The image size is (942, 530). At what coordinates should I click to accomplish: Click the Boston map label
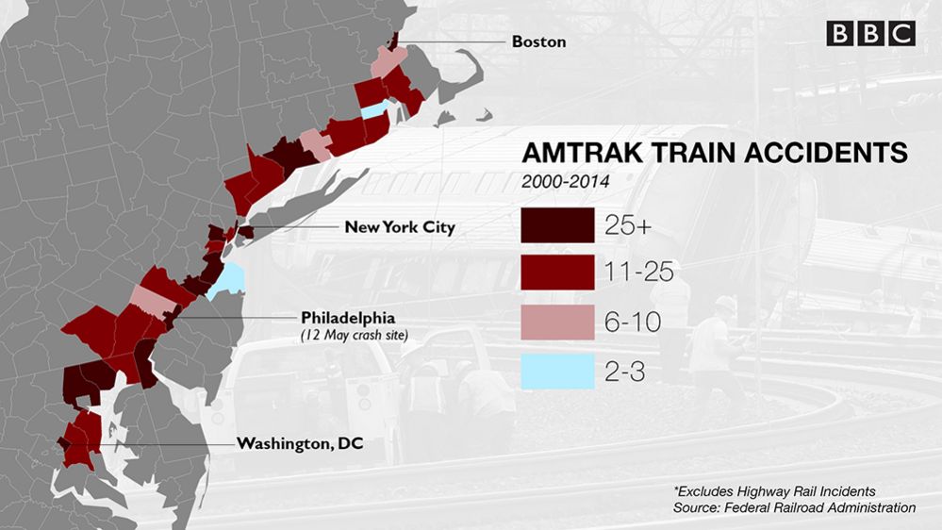pos(538,41)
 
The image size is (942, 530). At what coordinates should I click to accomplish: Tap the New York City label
pos(399,227)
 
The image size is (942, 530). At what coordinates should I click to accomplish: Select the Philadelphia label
pos(347,317)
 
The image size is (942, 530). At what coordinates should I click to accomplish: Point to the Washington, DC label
pos(300,443)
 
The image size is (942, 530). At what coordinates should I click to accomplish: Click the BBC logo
pos(870,34)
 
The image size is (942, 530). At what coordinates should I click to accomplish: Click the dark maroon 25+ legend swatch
pos(556,224)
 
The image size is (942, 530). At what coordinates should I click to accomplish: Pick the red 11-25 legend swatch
pos(556,273)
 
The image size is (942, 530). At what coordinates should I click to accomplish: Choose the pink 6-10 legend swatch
pos(556,322)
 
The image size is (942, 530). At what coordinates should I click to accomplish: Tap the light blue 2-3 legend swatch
pos(556,371)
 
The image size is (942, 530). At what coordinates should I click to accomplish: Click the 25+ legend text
pos(627,224)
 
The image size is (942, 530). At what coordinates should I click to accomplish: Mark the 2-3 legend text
pos(624,371)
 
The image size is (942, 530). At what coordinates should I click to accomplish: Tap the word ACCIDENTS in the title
pos(817,153)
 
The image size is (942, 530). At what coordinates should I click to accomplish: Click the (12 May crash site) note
pos(347,335)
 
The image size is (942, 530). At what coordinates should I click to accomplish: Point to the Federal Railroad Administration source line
pos(794,507)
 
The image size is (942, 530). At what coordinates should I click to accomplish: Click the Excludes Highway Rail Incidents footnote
pos(774,491)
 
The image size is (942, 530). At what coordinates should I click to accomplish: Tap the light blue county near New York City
pos(227,280)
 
